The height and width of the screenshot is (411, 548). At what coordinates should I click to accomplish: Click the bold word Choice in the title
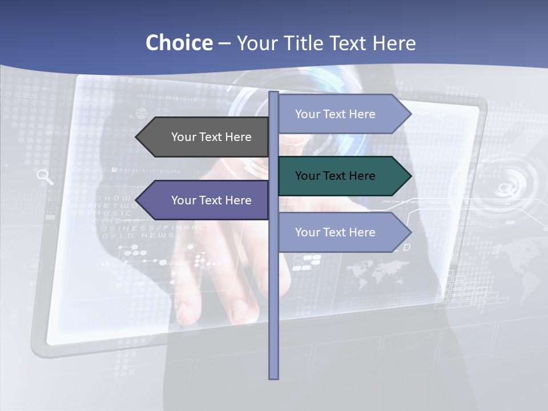179,43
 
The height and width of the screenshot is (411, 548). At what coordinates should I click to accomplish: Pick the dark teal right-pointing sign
342,176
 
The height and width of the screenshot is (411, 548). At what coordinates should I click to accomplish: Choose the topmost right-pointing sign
342,114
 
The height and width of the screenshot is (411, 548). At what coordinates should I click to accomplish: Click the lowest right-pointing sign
342,232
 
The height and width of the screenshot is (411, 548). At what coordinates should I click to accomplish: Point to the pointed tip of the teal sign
410,176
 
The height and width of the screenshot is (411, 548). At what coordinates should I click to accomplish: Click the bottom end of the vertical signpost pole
274,377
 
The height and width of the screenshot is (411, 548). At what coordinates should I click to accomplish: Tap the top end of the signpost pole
274,94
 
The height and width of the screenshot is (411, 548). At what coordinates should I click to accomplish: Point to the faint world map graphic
377,271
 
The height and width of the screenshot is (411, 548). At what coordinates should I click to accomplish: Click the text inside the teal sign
335,176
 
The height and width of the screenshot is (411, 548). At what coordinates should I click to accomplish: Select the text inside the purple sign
211,200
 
